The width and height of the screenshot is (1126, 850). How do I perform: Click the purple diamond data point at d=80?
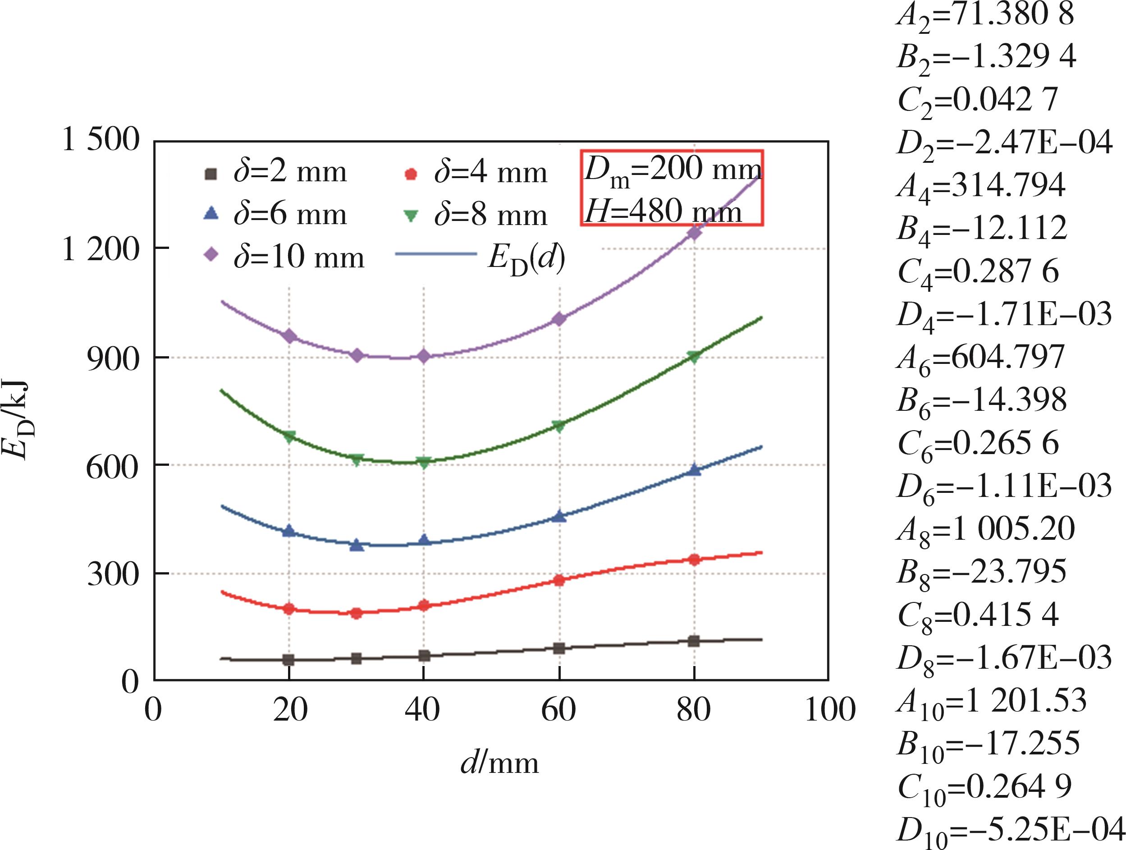pyautogui.click(x=694, y=232)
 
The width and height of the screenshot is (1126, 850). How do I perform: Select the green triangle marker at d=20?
pyautogui.click(x=289, y=436)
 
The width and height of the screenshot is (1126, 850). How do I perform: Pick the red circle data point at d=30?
pyautogui.click(x=357, y=613)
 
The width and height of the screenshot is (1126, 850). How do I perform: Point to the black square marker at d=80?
pyautogui.click(x=694, y=641)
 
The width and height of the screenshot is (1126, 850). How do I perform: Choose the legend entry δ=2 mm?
pyautogui.click(x=277, y=173)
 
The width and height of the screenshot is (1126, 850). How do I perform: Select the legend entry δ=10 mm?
pyautogui.click(x=285, y=257)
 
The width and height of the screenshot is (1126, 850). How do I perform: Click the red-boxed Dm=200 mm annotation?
pyautogui.click(x=672, y=170)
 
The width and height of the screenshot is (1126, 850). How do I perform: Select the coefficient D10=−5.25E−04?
pyautogui.click(x=1010, y=831)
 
